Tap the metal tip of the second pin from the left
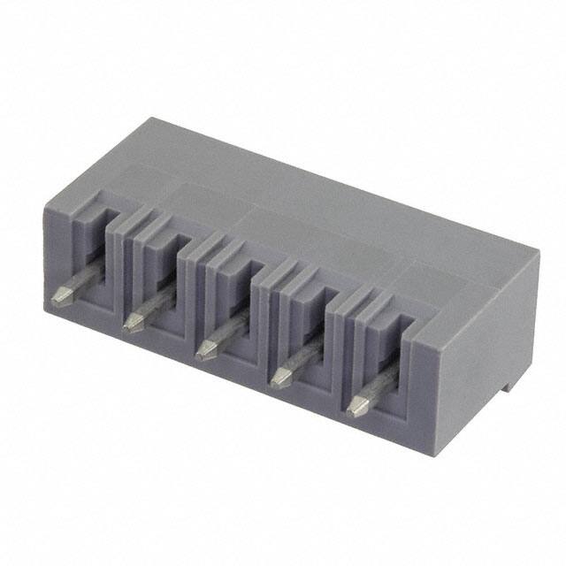click(x=133, y=319)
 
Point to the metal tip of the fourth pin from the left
click(x=279, y=379)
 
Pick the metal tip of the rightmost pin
click(x=356, y=408)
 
